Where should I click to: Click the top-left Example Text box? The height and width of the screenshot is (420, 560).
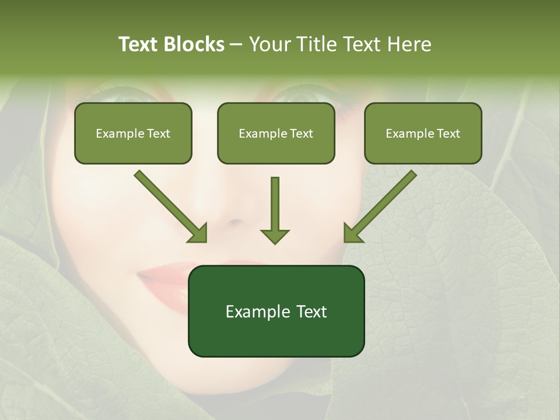click(133, 133)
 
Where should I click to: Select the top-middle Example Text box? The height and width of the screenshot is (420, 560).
click(276, 133)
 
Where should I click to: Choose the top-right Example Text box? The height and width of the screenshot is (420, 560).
click(423, 133)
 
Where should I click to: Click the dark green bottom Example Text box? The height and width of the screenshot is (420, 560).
click(276, 311)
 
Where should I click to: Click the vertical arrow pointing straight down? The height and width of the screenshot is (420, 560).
click(275, 204)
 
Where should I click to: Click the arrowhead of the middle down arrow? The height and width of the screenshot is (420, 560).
click(275, 236)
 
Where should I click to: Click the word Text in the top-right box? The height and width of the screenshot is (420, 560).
click(447, 134)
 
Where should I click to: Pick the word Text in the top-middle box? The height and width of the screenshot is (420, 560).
click(300, 134)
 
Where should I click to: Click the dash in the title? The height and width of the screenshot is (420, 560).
click(236, 45)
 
